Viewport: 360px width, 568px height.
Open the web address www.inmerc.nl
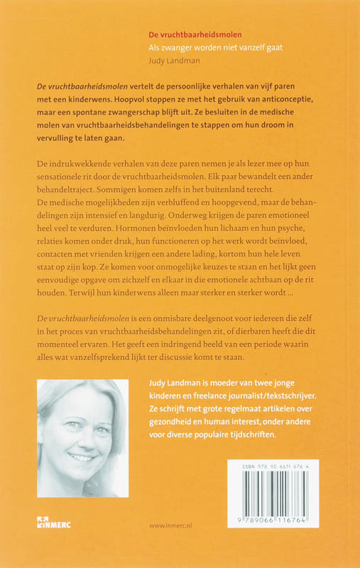173,527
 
